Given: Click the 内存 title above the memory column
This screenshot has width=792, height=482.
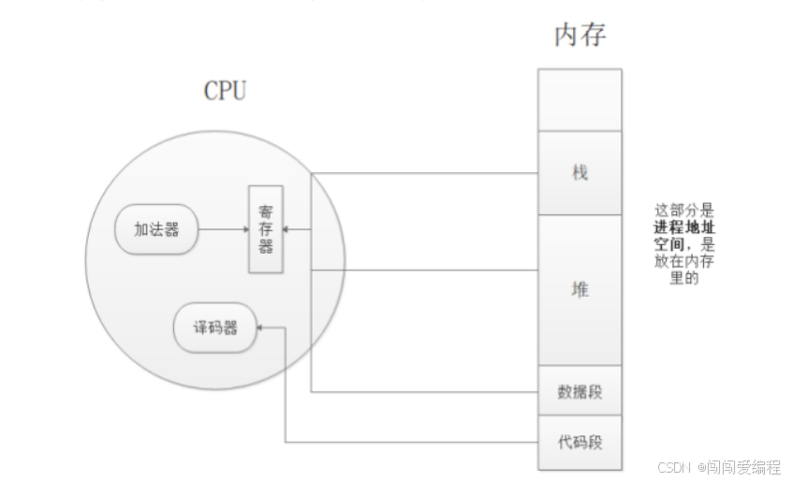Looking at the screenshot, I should [x=580, y=36].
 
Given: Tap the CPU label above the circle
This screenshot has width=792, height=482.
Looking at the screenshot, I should [x=225, y=92].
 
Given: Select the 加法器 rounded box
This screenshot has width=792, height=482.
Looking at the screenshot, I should [x=156, y=229].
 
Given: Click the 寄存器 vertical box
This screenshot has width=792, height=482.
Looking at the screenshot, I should [x=266, y=229].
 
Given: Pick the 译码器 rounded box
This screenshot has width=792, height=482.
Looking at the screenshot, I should [x=216, y=328].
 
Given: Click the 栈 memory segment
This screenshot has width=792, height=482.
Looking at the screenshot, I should [x=579, y=173].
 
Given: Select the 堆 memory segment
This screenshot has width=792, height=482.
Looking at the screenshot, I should [x=579, y=290].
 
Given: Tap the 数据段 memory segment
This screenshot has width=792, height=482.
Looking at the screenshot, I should [x=579, y=391].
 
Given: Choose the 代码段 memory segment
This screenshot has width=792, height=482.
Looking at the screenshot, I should [x=579, y=440].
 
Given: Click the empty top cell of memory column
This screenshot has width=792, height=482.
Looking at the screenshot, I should [x=579, y=100].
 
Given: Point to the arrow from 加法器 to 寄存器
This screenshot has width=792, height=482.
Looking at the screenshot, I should [x=223, y=229].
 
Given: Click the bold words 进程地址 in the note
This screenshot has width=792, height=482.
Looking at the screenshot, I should [x=683, y=228].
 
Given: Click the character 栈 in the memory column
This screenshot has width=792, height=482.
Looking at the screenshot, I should [x=579, y=173].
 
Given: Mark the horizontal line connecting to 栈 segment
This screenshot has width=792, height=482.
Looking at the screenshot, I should [x=421, y=173].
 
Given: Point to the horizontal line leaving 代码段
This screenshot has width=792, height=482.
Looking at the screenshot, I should [x=412, y=441].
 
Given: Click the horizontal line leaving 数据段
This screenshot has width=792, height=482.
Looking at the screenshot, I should [x=421, y=392].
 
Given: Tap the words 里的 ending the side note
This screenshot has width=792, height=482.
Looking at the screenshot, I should [x=683, y=278].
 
